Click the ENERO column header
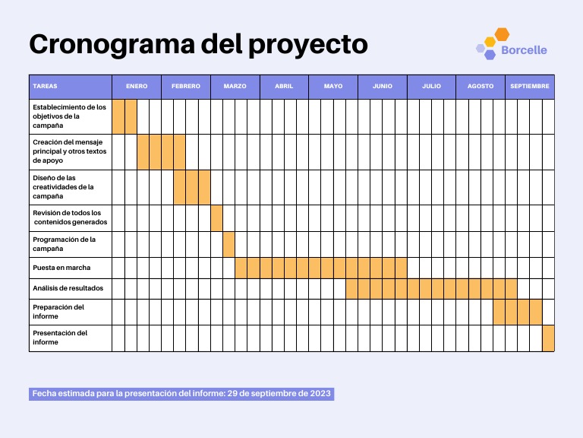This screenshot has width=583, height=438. (x=137, y=87)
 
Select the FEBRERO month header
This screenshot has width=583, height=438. (x=186, y=87)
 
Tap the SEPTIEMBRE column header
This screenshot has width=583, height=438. (x=529, y=87)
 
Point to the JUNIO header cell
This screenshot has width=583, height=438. (x=383, y=87)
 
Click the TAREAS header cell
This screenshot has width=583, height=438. (x=71, y=87)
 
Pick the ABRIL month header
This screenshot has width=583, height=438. (x=284, y=87)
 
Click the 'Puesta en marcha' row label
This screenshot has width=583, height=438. (x=61, y=268)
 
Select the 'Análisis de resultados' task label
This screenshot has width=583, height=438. (x=68, y=288)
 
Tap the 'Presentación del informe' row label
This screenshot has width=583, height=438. (x=60, y=338)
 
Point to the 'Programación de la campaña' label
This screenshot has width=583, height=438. (x=64, y=244)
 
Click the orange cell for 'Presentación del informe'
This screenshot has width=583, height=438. (x=548, y=338)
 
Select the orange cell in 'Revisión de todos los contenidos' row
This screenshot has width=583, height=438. (x=217, y=218)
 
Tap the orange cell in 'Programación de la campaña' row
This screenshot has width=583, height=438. (x=229, y=244)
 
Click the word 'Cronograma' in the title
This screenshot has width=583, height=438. (x=112, y=45)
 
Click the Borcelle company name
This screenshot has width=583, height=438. (x=524, y=50)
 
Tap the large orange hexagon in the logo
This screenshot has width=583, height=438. (x=502, y=34)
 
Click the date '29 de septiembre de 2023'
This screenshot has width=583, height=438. (x=279, y=394)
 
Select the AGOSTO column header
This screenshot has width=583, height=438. (x=481, y=87)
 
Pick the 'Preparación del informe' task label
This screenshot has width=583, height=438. (x=58, y=312)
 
